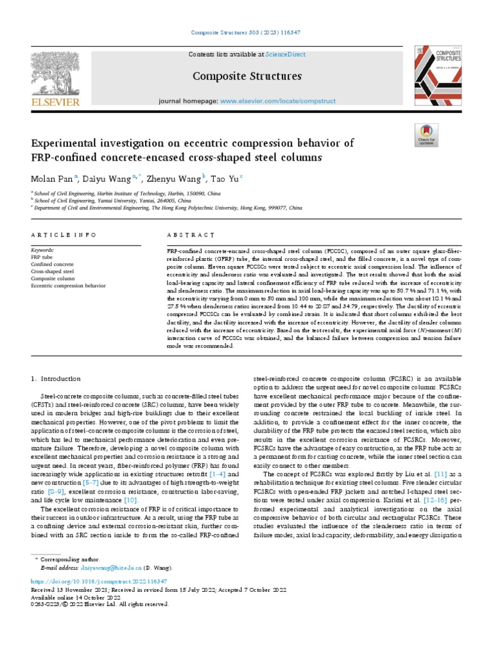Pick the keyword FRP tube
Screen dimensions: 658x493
tap(42, 256)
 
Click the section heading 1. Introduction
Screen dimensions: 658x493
tap(56, 378)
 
